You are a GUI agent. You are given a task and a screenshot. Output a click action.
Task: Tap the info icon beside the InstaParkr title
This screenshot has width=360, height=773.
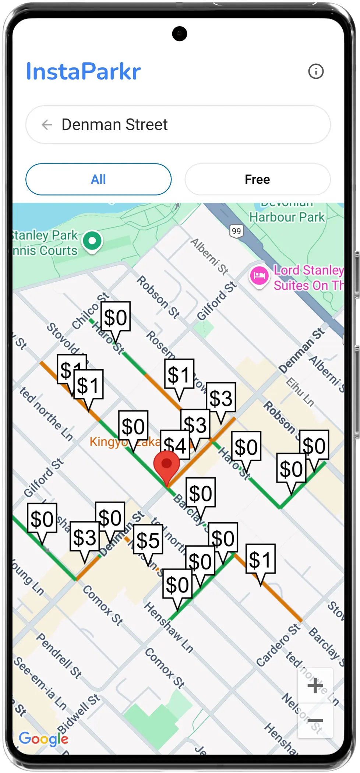tap(315, 71)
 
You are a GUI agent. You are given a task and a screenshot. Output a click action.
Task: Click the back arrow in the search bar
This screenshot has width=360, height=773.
tap(47, 125)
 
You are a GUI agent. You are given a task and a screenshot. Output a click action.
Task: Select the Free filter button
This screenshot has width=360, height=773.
tap(257, 179)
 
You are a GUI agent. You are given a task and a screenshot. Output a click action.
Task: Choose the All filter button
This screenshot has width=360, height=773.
tap(98, 179)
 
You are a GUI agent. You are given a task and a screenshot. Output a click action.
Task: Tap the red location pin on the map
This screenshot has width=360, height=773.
tap(166, 465)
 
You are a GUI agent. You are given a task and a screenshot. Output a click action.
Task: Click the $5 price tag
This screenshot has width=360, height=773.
tap(148, 540)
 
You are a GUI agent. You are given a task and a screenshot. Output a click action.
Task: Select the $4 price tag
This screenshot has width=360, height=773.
tap(174, 445)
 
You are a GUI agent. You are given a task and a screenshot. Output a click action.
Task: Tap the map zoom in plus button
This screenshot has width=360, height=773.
tap(315, 686)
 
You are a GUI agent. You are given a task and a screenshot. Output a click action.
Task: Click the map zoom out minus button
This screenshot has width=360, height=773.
tap(315, 720)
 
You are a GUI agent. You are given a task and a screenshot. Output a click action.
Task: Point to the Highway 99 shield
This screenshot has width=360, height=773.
tap(236, 231)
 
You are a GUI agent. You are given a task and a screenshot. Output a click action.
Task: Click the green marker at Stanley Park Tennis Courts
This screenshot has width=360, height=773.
tap(92, 241)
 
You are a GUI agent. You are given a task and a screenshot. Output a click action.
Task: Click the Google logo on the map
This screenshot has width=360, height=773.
tap(43, 738)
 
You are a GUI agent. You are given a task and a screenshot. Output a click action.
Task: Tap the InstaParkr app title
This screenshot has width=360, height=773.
tap(83, 71)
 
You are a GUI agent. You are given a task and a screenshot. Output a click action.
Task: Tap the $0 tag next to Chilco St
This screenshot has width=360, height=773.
tap(115, 317)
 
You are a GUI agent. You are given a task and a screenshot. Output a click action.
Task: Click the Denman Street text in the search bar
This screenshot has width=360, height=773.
tap(114, 125)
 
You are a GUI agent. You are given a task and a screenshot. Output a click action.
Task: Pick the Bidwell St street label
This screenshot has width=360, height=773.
tap(79, 714)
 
